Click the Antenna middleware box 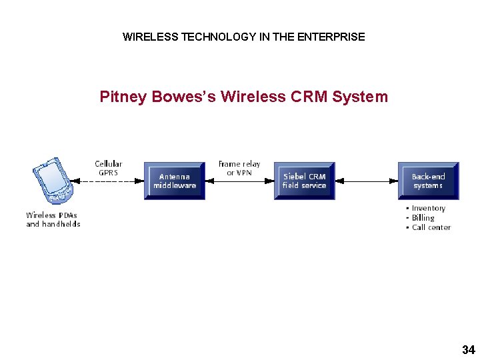(175, 181)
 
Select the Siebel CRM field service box (304, 181)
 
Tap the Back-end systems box (428, 181)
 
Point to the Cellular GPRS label (108, 168)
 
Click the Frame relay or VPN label (239, 168)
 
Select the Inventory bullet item (428, 209)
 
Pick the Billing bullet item (423, 218)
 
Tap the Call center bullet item (431, 227)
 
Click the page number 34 (468, 350)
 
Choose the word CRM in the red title (309, 97)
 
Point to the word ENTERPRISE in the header (331, 37)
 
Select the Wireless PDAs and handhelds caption (53, 219)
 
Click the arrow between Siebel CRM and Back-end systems (366, 181)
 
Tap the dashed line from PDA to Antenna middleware (110, 181)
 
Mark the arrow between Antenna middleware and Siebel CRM (239, 181)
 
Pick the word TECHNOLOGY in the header (213, 37)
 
